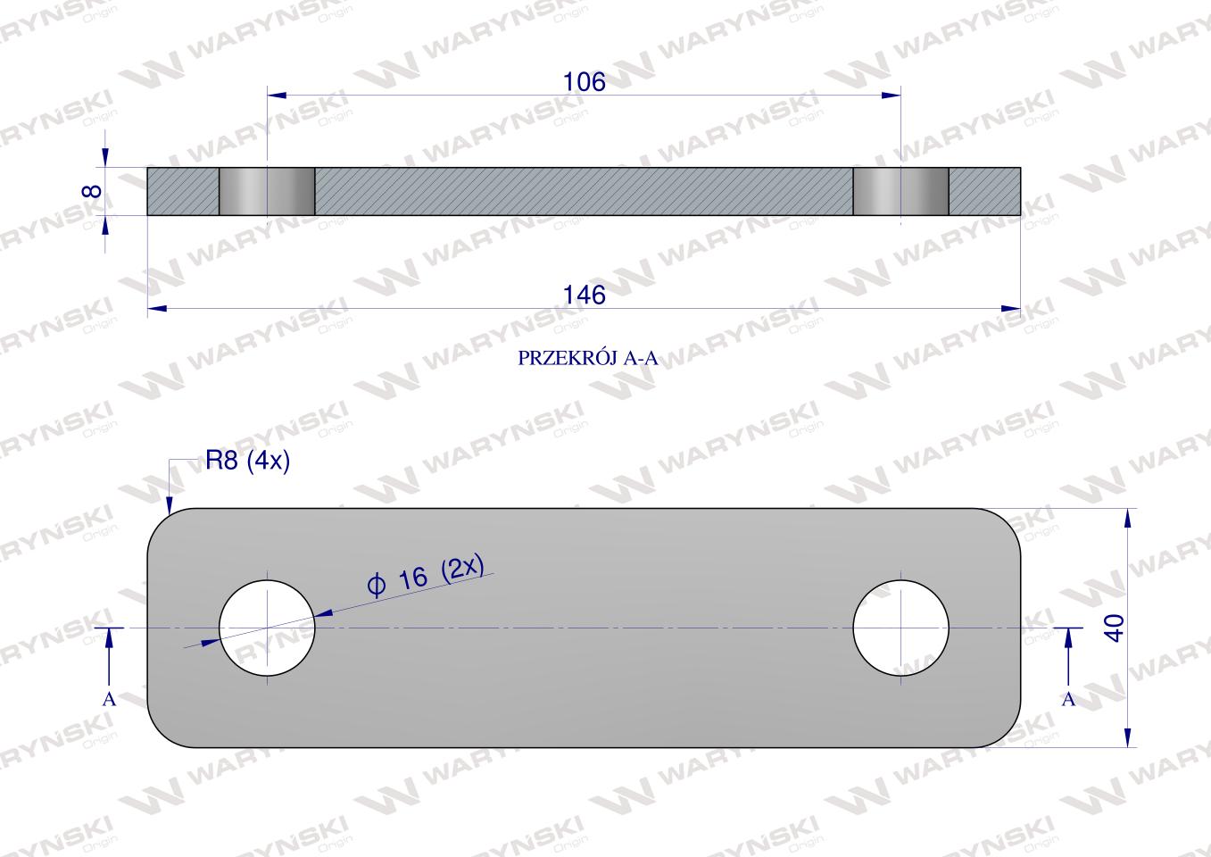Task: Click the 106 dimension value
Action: coord(584,82)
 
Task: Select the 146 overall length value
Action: coord(584,295)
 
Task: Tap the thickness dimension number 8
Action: coord(93,191)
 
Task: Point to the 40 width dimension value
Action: coord(1116,628)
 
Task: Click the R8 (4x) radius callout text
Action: coord(247,461)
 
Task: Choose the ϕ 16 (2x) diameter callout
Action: coord(426,576)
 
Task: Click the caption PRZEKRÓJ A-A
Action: coord(588,358)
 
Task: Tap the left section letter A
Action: coord(109,699)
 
